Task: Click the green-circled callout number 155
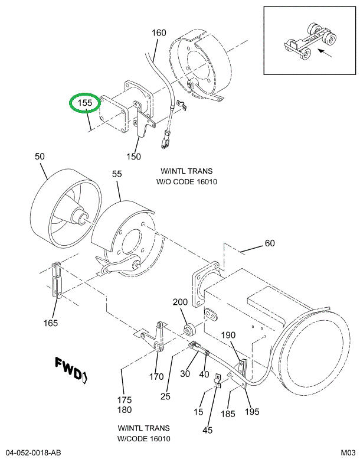tap(86, 103)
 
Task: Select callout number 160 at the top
tap(159, 33)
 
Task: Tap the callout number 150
tap(133, 157)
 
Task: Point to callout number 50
tap(40, 157)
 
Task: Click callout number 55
tap(116, 175)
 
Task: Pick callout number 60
tap(269, 243)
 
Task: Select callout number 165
tap(51, 323)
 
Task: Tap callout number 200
tap(180, 302)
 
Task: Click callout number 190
tap(228, 335)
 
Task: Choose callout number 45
tap(207, 430)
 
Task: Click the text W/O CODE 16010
tap(186, 181)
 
